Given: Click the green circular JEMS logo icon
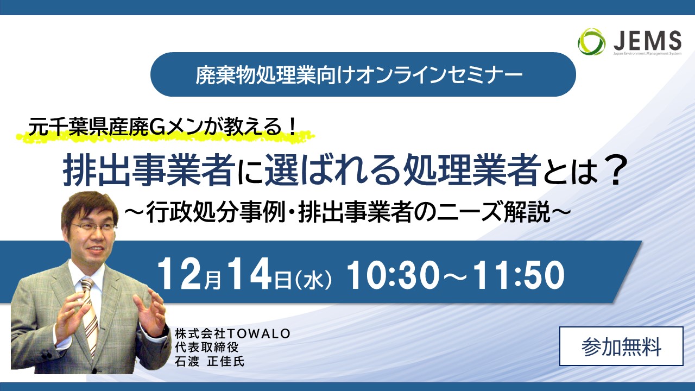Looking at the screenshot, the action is click(591, 42).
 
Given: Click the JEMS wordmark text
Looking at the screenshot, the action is click(647, 41).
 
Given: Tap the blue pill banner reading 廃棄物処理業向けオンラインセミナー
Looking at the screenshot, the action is click(363, 74).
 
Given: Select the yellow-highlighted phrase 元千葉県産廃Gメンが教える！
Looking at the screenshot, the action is click(161, 128).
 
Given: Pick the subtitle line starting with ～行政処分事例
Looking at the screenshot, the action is click(347, 212).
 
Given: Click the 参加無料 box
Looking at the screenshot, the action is click(622, 346).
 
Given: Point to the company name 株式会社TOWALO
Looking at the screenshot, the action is click(232, 334).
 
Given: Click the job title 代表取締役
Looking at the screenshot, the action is click(206, 347).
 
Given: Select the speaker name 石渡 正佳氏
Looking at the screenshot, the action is click(210, 361).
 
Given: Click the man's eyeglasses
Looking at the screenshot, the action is click(93, 227).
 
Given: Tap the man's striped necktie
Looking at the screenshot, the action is click(90, 313).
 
